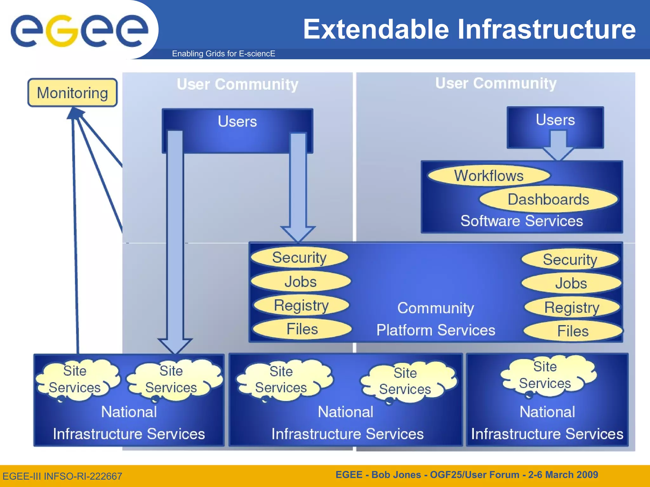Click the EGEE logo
(x=79, y=30)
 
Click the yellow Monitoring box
(x=72, y=93)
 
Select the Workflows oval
(x=488, y=176)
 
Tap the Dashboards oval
(x=548, y=199)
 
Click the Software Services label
(x=521, y=221)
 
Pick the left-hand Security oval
(x=299, y=257)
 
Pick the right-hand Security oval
(x=570, y=260)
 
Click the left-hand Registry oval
(x=301, y=305)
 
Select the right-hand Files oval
(x=573, y=331)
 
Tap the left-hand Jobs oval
(x=300, y=282)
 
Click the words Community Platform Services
(x=435, y=319)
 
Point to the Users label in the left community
(x=237, y=121)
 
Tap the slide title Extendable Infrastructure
(x=469, y=29)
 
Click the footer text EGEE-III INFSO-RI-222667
(x=62, y=476)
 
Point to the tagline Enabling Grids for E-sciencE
(x=223, y=54)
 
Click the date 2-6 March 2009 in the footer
(x=563, y=475)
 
